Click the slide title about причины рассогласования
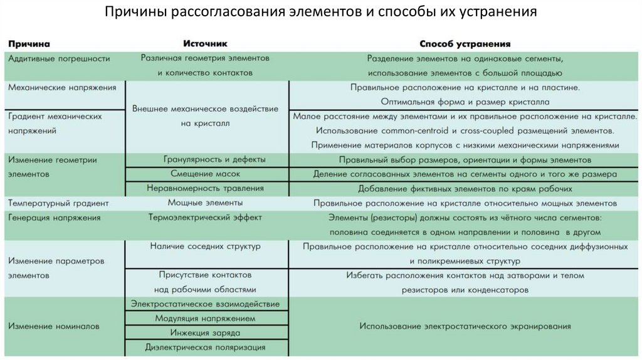(320, 13)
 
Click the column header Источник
(205, 44)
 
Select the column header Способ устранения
(465, 44)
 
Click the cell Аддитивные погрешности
(59, 58)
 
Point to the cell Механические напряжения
(62, 87)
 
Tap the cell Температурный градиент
(59, 203)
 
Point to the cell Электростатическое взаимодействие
(205, 304)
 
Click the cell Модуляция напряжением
(205, 319)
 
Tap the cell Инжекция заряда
(205, 332)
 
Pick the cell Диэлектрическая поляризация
(205, 347)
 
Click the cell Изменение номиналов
(54, 326)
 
